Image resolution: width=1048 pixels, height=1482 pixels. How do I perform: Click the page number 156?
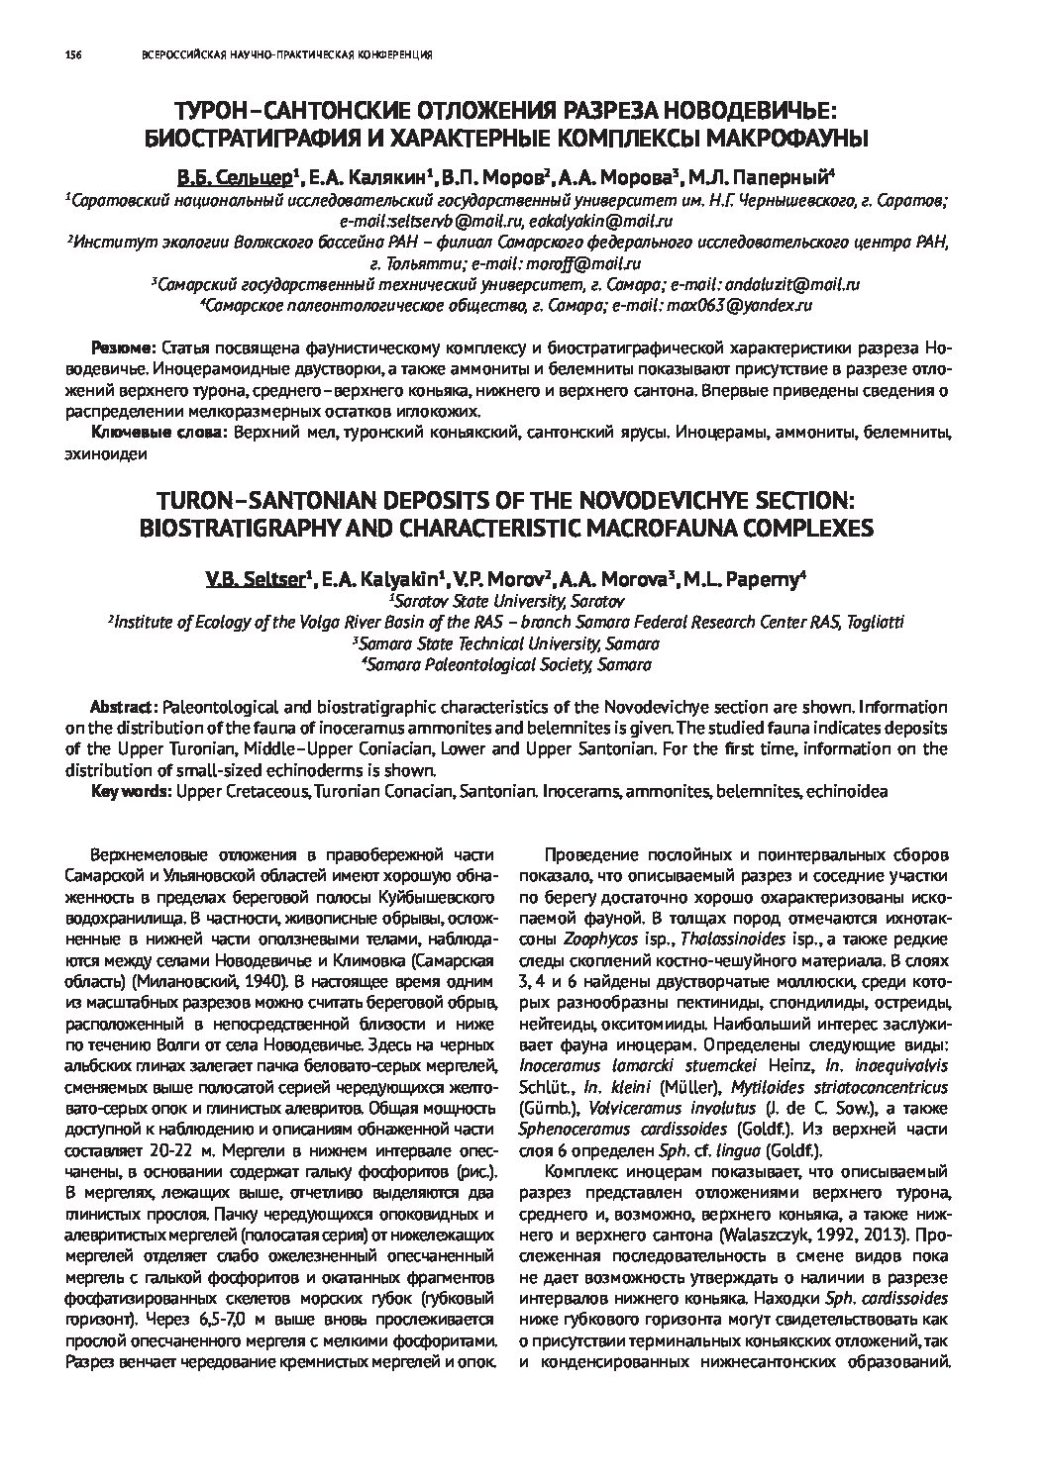pyautogui.click(x=71, y=54)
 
